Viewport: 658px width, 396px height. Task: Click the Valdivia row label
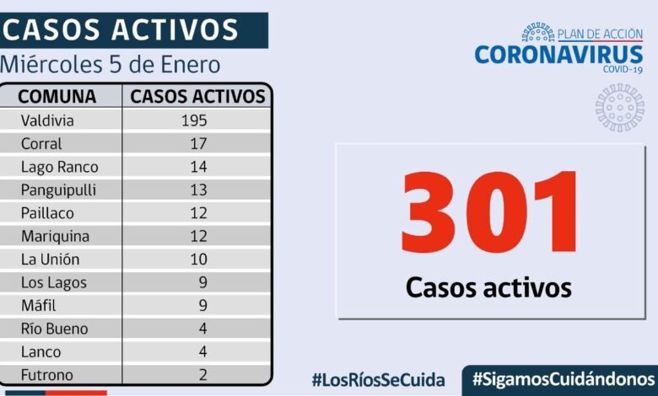pyautogui.click(x=47, y=120)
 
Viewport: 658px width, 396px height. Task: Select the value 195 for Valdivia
pyautogui.click(x=194, y=120)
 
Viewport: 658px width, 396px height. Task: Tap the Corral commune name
pyautogui.click(x=41, y=144)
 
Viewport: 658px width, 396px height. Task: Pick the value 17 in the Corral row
pyautogui.click(x=198, y=144)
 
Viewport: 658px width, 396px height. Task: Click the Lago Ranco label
pyautogui.click(x=59, y=167)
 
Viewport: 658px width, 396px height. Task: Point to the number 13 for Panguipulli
pyautogui.click(x=198, y=190)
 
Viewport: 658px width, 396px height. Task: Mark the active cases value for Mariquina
pyautogui.click(x=198, y=237)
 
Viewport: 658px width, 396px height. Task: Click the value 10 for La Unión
pyautogui.click(x=198, y=260)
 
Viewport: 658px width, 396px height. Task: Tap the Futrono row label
pyautogui.click(x=47, y=375)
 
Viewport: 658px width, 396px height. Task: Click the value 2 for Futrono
pyautogui.click(x=202, y=375)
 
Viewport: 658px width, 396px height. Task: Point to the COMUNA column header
pyautogui.click(x=57, y=96)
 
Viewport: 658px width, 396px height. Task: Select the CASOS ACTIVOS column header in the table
pyautogui.click(x=197, y=96)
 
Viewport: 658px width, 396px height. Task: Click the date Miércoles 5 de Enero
pyautogui.click(x=111, y=64)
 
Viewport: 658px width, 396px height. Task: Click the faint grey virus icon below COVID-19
pyautogui.click(x=620, y=107)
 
